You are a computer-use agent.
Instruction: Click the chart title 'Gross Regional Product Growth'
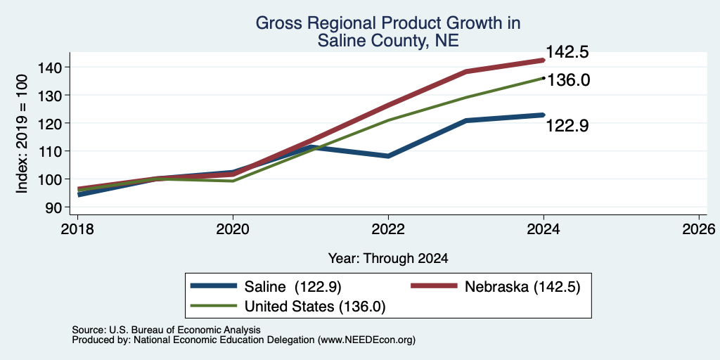pos(387,23)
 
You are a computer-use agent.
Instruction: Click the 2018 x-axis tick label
pos(77,229)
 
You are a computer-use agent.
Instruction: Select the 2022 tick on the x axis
pos(388,229)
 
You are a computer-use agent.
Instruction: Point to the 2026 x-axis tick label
pos(699,229)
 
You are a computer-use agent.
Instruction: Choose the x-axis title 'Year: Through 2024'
pos(388,258)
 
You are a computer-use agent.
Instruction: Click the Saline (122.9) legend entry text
pos(293,287)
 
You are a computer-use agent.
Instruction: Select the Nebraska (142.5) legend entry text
pos(523,287)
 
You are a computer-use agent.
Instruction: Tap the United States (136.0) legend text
pos(314,307)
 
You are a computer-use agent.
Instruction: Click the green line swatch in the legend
pos(214,307)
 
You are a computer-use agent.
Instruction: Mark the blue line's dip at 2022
pos(388,156)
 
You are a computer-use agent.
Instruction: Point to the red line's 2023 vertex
pos(466,72)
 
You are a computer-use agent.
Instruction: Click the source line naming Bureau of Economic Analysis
pos(166,330)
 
